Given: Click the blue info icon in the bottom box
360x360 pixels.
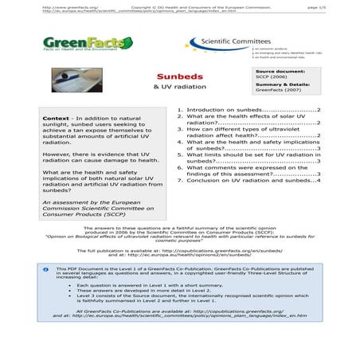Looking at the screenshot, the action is coord(45,271).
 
